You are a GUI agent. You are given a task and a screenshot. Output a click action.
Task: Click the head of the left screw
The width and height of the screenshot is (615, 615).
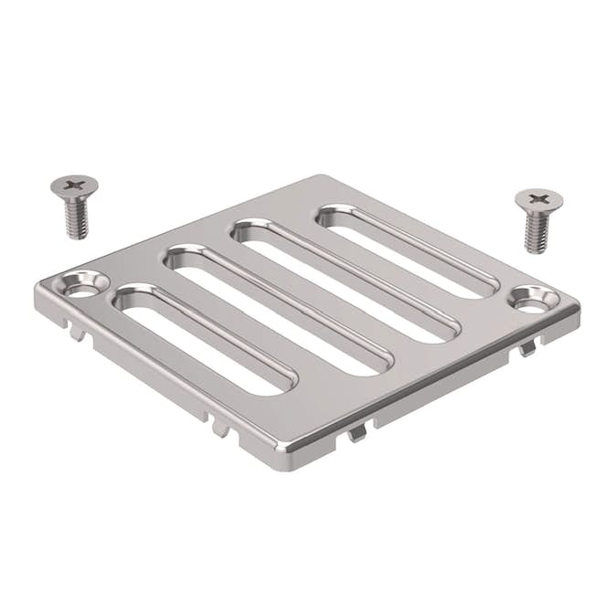(x=74, y=186)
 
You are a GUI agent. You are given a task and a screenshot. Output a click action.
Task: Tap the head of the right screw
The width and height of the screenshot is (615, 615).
(x=538, y=198)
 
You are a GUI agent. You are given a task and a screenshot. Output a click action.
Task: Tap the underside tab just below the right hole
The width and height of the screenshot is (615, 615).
(x=527, y=348)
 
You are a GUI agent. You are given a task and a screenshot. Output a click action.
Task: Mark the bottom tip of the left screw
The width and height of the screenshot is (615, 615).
(x=78, y=237)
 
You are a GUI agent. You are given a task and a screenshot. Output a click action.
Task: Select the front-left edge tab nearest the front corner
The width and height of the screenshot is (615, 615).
(x=219, y=426)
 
